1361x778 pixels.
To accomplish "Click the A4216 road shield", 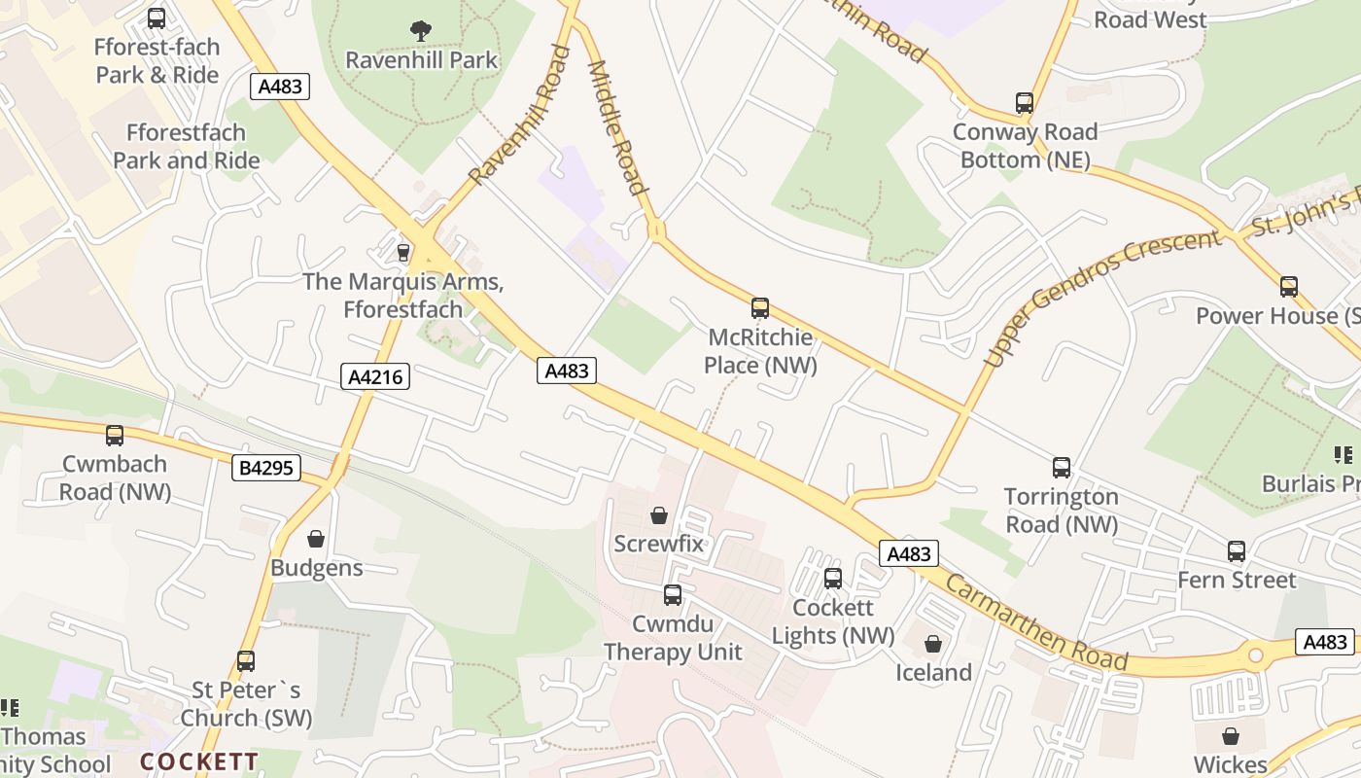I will pyautogui.click(x=375, y=377).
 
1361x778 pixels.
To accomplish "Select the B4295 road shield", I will pyautogui.click(x=266, y=468).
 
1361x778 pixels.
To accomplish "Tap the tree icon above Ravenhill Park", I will pyautogui.click(x=421, y=31).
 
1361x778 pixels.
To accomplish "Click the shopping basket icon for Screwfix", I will pyautogui.click(x=659, y=515).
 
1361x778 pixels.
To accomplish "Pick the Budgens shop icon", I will pyautogui.click(x=316, y=539).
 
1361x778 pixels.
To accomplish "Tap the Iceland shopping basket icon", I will pyautogui.click(x=933, y=644).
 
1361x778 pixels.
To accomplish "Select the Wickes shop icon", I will pyautogui.click(x=1231, y=736).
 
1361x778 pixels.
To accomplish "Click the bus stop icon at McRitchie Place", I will pyautogui.click(x=760, y=308).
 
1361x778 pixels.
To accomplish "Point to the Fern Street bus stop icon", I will pyautogui.click(x=1237, y=551).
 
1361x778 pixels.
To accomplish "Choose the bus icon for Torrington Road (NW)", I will pyautogui.click(x=1062, y=468).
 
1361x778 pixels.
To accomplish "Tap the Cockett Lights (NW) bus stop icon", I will pyautogui.click(x=833, y=579).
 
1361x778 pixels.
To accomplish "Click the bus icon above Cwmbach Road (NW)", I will pyautogui.click(x=115, y=436).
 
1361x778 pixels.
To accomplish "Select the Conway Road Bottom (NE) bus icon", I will pyautogui.click(x=1025, y=103).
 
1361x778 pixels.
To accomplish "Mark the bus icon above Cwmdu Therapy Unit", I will pyautogui.click(x=673, y=595).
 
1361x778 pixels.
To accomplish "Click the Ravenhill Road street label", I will pyautogui.click(x=519, y=115).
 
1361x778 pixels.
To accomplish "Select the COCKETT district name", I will pyautogui.click(x=199, y=761).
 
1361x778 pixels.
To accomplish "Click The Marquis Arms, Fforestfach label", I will pyautogui.click(x=403, y=296).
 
